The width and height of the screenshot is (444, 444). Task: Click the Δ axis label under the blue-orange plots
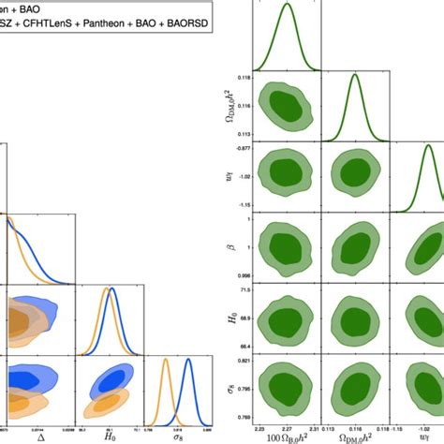coord(39,435)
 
